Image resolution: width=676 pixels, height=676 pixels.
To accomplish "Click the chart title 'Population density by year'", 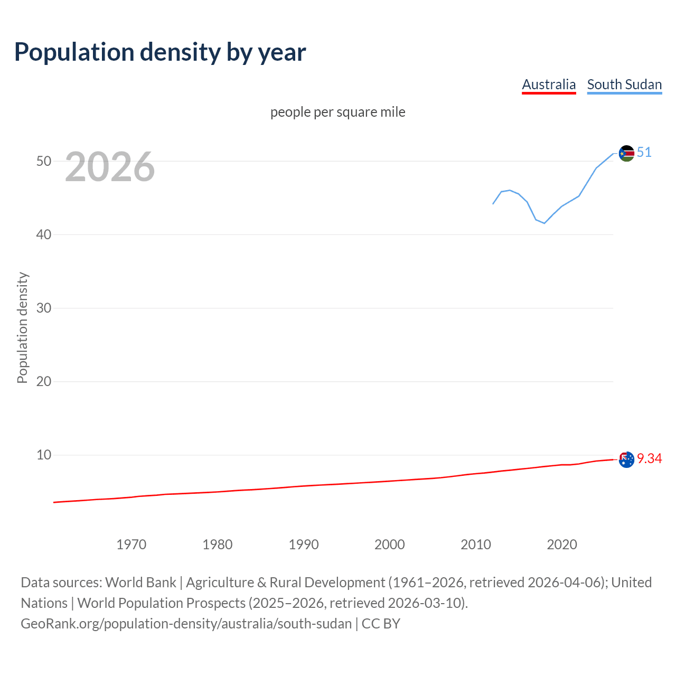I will (x=160, y=52).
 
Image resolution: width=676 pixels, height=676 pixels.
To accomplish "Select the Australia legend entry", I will (x=549, y=84).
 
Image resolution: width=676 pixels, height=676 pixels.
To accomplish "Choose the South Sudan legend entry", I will (x=624, y=84).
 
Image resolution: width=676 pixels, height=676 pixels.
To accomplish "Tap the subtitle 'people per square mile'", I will (x=338, y=112).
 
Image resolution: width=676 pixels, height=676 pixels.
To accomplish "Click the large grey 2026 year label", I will (x=110, y=167).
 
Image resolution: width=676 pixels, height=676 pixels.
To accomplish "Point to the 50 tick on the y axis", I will (x=44, y=161).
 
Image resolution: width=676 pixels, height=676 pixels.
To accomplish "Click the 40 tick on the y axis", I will (x=44, y=234).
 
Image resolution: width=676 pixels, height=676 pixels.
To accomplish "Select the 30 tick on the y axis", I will (x=44, y=308).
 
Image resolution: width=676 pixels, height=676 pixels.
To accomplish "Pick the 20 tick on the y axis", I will (x=44, y=381).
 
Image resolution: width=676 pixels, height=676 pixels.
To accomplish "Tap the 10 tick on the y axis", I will (x=44, y=455).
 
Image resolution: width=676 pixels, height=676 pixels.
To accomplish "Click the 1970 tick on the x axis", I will (x=132, y=544).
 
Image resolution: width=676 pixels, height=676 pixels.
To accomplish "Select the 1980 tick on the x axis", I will (x=218, y=544).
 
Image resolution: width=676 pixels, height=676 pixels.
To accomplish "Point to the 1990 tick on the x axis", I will (x=304, y=544).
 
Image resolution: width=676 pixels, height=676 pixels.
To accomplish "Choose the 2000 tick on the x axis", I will (x=390, y=544).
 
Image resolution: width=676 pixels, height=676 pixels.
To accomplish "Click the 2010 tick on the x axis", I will (x=476, y=544).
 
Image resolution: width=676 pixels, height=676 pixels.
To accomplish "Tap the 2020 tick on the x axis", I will (x=562, y=544).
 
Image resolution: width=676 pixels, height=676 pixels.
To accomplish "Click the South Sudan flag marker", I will (x=626, y=154).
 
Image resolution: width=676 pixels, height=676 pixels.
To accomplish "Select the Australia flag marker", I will (x=626, y=459).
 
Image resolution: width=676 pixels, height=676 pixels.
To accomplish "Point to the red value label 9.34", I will (x=649, y=458).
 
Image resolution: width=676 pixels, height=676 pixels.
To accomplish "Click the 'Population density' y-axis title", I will (x=22, y=327).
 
